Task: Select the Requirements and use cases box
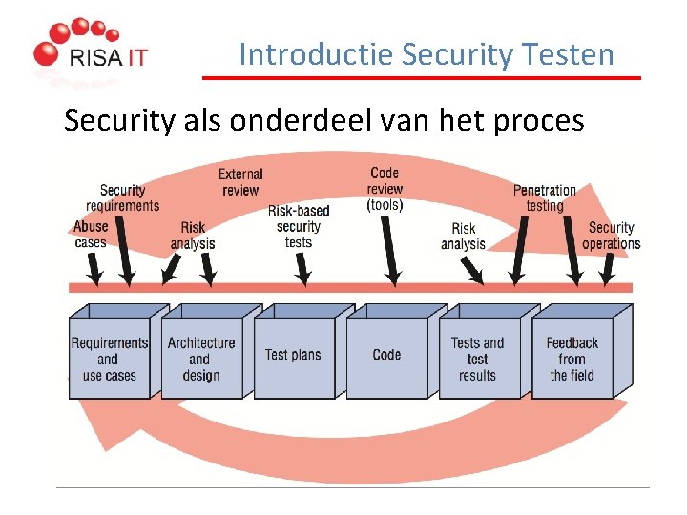coord(110,359)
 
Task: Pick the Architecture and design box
coord(200,359)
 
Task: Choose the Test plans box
coord(293,355)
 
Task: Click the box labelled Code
coord(386,355)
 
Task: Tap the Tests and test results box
coord(477,359)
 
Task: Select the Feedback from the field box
coord(572,359)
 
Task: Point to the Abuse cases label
coord(91,234)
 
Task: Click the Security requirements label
coord(122,197)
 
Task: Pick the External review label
coord(240,181)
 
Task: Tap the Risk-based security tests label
coord(299,226)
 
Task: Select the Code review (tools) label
coord(385,189)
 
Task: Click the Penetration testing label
coord(545,197)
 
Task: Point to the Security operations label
coord(612,235)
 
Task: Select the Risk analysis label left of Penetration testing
coord(464,236)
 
